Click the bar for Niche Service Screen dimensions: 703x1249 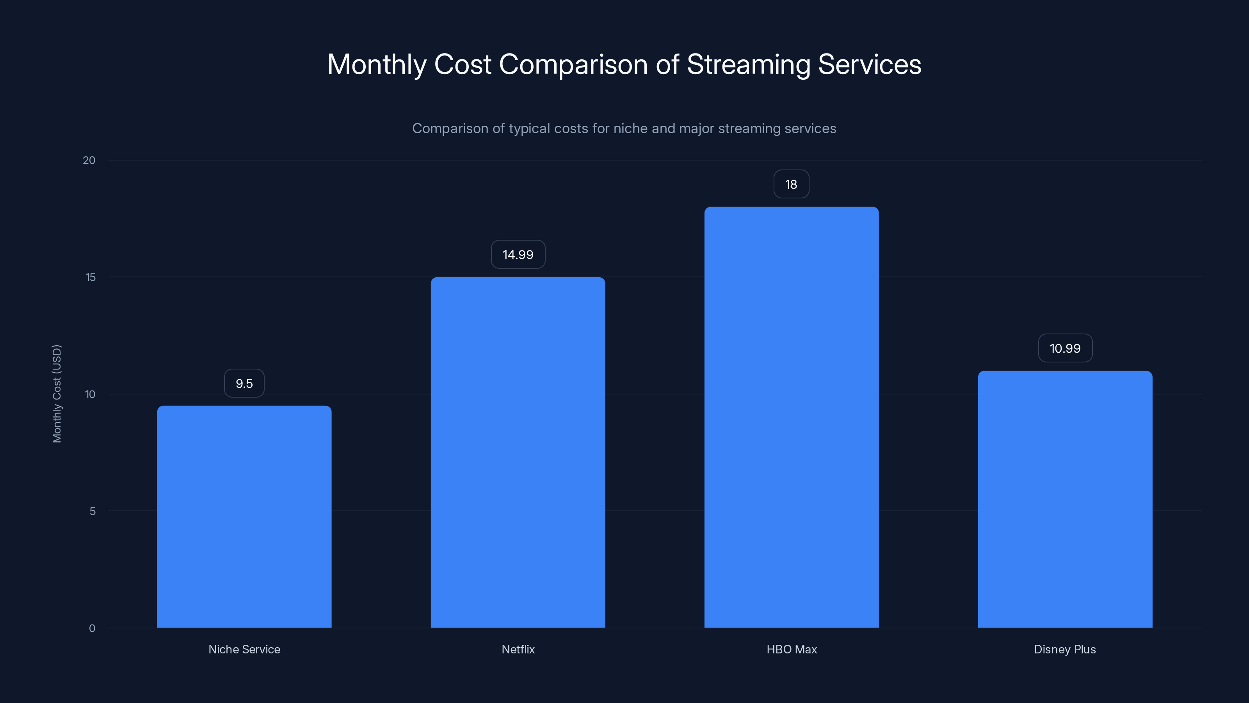[244, 517]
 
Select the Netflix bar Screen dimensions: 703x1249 [518, 452]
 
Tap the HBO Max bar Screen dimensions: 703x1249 [791, 417]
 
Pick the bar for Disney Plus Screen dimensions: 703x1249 [1065, 499]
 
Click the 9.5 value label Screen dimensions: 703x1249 [244, 383]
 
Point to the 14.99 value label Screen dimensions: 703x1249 [518, 255]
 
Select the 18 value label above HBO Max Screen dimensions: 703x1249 [791, 184]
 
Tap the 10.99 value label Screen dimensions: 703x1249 [1065, 348]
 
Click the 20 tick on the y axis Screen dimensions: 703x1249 [89, 160]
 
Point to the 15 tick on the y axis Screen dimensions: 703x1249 [91, 277]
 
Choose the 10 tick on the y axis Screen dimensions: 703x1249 [90, 394]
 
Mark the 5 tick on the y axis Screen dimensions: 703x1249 [93, 511]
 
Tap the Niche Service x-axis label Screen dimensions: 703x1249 [244, 649]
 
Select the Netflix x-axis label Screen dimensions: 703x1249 [518, 649]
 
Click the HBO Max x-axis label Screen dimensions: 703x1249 [791, 649]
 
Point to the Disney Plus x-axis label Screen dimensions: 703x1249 [1065, 649]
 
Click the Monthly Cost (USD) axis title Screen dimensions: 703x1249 [57, 393]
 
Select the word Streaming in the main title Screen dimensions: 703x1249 [748, 65]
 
